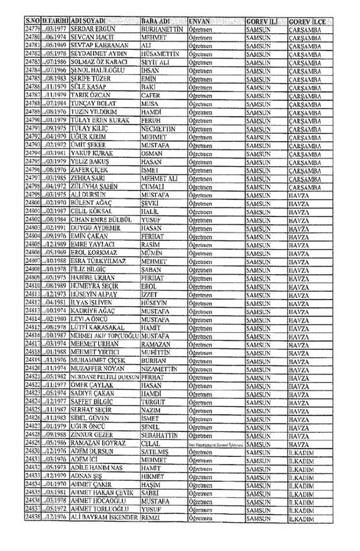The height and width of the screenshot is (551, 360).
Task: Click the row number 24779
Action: tap(33, 28)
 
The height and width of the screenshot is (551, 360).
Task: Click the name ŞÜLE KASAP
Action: tap(87, 85)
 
